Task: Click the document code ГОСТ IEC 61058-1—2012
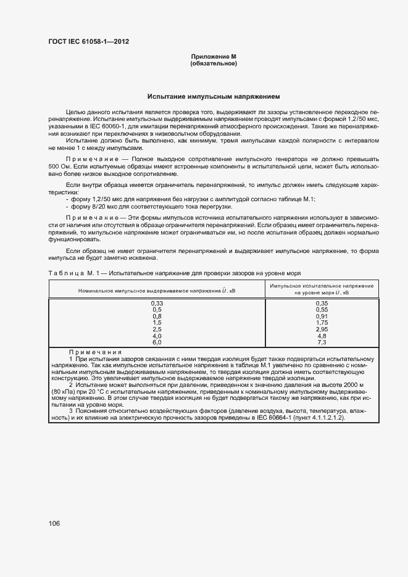click(88, 42)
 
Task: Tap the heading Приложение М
click(214, 57)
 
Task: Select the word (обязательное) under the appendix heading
click(214, 64)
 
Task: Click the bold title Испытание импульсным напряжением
click(214, 97)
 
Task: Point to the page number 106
click(54, 523)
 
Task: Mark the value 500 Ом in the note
click(57, 167)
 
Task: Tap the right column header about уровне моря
click(321, 289)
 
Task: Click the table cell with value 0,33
click(157, 303)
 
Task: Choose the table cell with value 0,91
click(321, 316)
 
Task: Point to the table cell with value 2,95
click(321, 329)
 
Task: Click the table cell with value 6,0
click(157, 342)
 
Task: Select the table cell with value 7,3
click(321, 342)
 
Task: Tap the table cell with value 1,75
click(321, 322)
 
